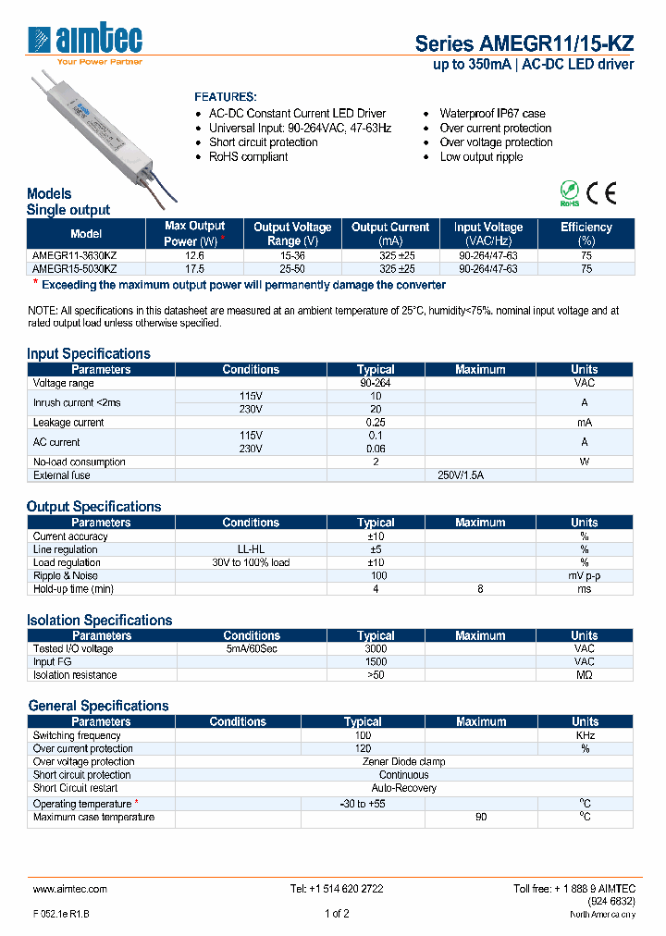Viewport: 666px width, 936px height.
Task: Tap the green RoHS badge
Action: click(x=570, y=194)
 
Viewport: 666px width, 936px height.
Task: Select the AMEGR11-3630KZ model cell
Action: click(x=75, y=254)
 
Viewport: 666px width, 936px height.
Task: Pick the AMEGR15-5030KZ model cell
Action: click(x=75, y=268)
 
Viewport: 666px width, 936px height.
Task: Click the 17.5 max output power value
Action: click(x=194, y=268)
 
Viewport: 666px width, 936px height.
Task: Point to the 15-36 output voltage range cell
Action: click(x=291, y=254)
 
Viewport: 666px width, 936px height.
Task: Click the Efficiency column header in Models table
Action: click(x=586, y=233)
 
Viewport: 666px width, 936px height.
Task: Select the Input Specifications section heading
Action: click(x=89, y=353)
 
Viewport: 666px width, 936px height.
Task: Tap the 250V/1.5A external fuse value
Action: click(x=460, y=475)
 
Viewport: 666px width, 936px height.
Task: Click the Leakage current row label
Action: click(x=68, y=423)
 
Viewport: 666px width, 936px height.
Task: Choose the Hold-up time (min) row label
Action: click(x=73, y=588)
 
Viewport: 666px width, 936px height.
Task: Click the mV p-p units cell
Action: click(x=585, y=575)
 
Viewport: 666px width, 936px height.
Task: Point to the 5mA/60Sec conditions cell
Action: click(x=251, y=648)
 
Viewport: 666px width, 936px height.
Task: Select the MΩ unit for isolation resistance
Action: click(x=585, y=675)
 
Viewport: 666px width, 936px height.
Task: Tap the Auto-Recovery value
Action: click(x=403, y=788)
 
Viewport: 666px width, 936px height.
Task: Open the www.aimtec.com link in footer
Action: click(x=70, y=889)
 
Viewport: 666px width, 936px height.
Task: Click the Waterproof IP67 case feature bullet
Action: click(x=492, y=114)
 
